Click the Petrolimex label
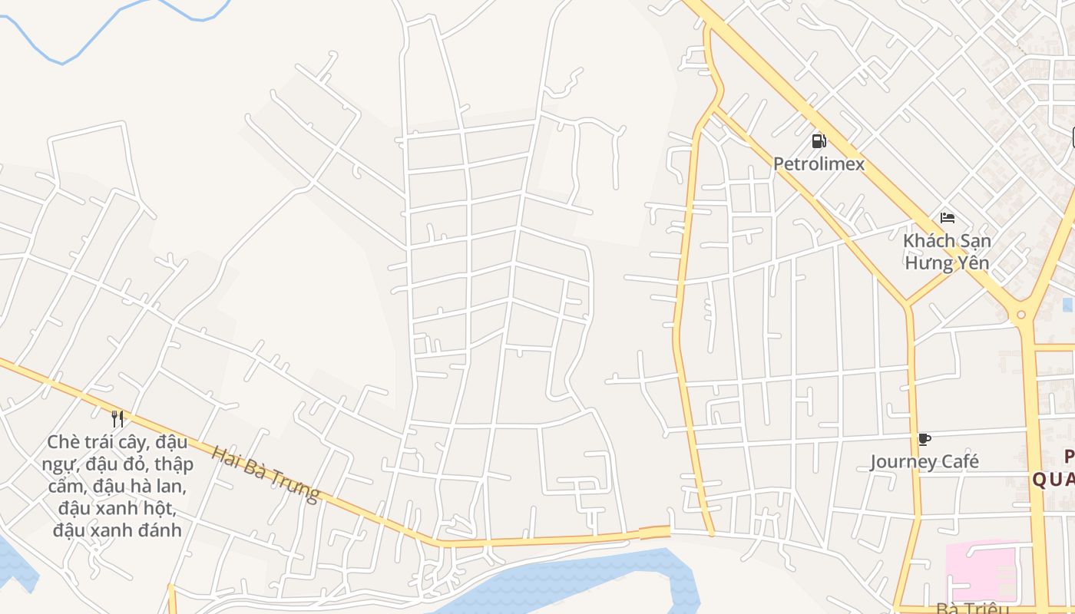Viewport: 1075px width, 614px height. click(x=819, y=163)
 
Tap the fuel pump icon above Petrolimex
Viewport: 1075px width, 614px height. click(x=819, y=140)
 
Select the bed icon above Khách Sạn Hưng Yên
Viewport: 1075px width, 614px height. click(x=947, y=218)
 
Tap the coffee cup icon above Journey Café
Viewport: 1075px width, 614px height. click(x=924, y=439)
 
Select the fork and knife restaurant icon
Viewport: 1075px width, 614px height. click(x=117, y=418)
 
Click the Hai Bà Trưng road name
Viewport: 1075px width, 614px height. click(x=265, y=474)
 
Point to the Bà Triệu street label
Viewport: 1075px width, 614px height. click(x=971, y=609)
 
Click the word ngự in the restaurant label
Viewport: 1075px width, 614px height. click(x=58, y=464)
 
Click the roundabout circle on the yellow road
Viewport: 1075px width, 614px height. click(x=1020, y=314)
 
